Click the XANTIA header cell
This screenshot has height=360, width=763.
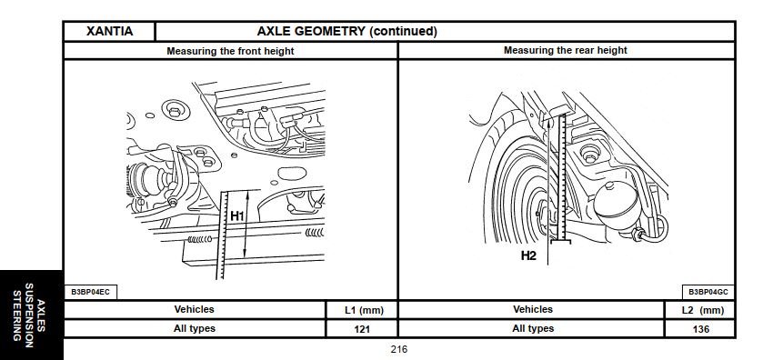tap(109, 32)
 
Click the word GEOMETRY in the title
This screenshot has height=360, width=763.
tap(330, 32)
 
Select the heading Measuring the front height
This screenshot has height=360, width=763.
tap(230, 51)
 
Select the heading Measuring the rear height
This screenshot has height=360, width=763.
tap(566, 50)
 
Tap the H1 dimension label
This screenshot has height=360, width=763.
tap(236, 215)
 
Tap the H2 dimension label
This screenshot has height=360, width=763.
tap(528, 255)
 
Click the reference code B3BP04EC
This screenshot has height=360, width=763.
tap(91, 292)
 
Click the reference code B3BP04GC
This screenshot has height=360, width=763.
tap(708, 292)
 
